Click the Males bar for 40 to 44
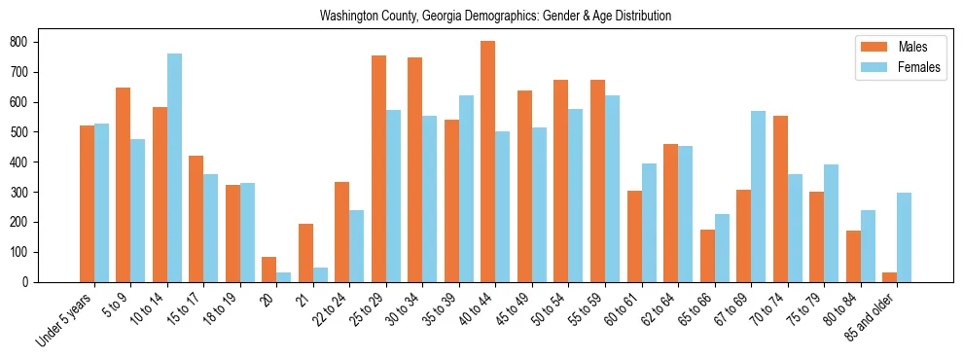click(x=488, y=162)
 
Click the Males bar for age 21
click(x=305, y=253)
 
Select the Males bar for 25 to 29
click(x=378, y=168)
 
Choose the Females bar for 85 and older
click(x=905, y=237)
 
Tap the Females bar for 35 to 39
click(x=466, y=189)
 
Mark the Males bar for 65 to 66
click(x=707, y=256)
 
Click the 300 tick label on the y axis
click(x=25, y=192)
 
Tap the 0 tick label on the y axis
click(x=29, y=282)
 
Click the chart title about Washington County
click(x=495, y=17)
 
